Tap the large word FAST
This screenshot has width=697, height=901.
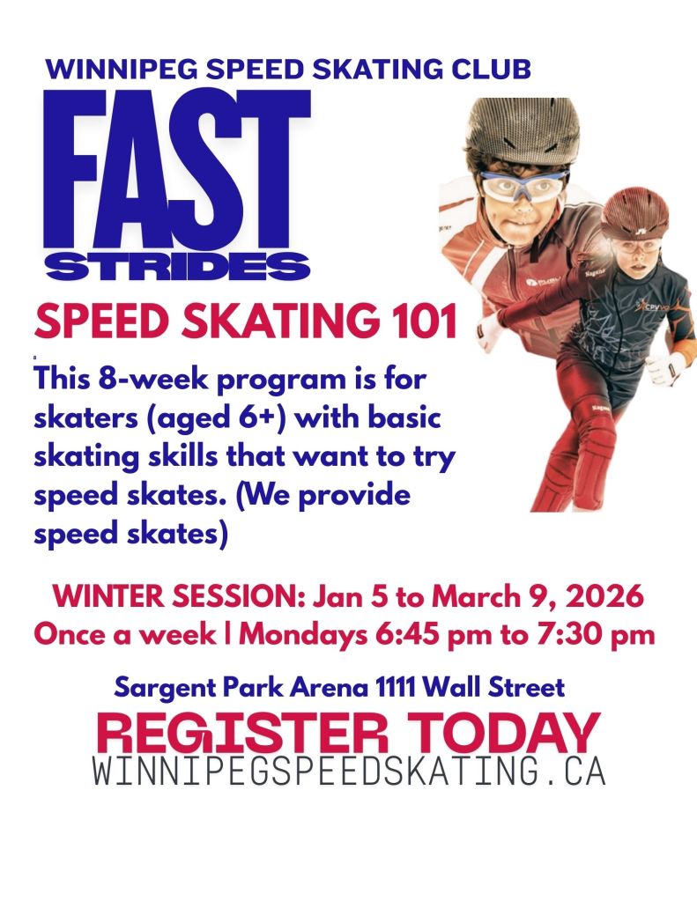point(177,169)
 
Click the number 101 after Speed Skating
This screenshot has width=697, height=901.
point(426,321)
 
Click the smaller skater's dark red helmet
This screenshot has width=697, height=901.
point(635,212)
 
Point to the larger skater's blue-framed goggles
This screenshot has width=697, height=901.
point(523,186)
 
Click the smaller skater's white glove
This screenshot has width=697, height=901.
point(664,368)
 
